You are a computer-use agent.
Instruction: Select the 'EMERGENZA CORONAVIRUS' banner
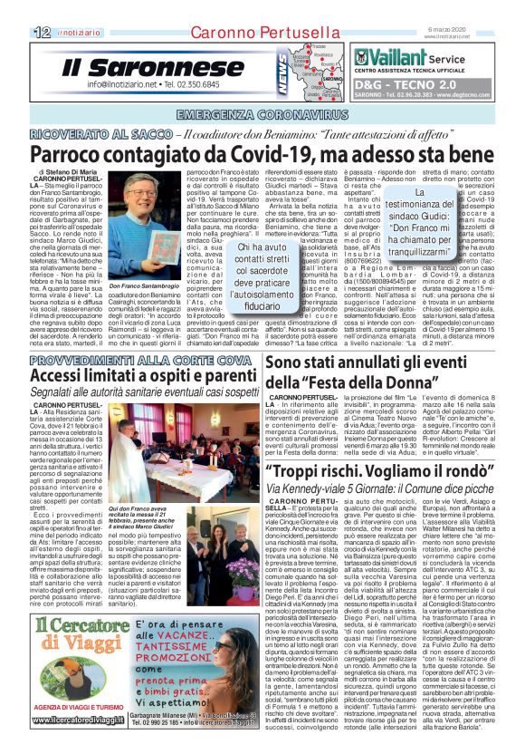tap(262, 115)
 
